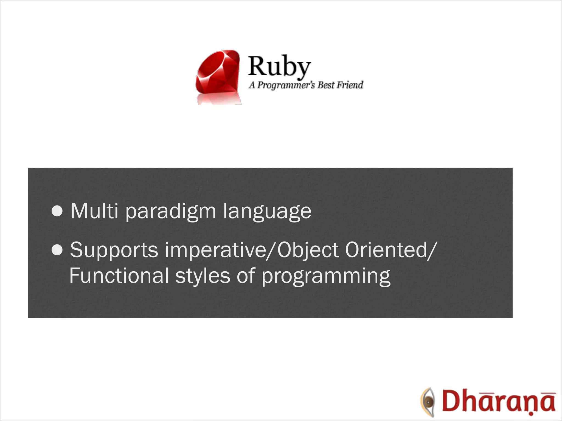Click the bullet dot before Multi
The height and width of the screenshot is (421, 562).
coord(57,211)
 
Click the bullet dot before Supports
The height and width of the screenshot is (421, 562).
coord(57,250)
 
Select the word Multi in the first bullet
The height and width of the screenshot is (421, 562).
coord(95,211)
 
